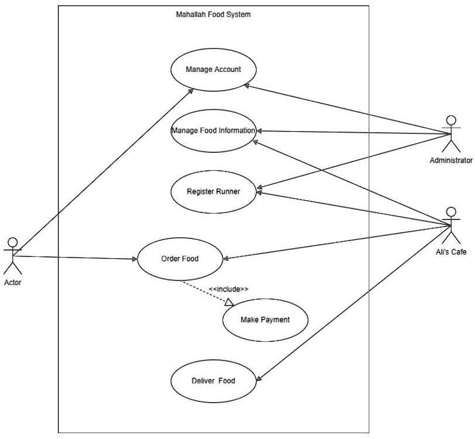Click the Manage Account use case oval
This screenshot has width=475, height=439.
[x=213, y=70]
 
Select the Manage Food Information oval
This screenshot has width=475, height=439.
[x=213, y=131]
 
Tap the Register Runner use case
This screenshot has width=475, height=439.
[x=213, y=191]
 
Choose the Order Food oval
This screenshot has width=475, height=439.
[x=180, y=258]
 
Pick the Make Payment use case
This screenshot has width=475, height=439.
[x=265, y=320]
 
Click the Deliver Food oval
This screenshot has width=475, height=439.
[x=213, y=380]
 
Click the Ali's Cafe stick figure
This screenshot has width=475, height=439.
[x=450, y=225]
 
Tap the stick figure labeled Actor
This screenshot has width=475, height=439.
[x=12, y=255]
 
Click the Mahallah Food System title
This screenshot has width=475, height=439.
[x=213, y=15]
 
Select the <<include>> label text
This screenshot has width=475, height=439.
[x=228, y=289]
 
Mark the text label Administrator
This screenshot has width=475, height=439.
[x=450, y=160]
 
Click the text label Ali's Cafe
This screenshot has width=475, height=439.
[x=450, y=252]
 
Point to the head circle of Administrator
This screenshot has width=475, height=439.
[x=450, y=120]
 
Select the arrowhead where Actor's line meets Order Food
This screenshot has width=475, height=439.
[x=133, y=259]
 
